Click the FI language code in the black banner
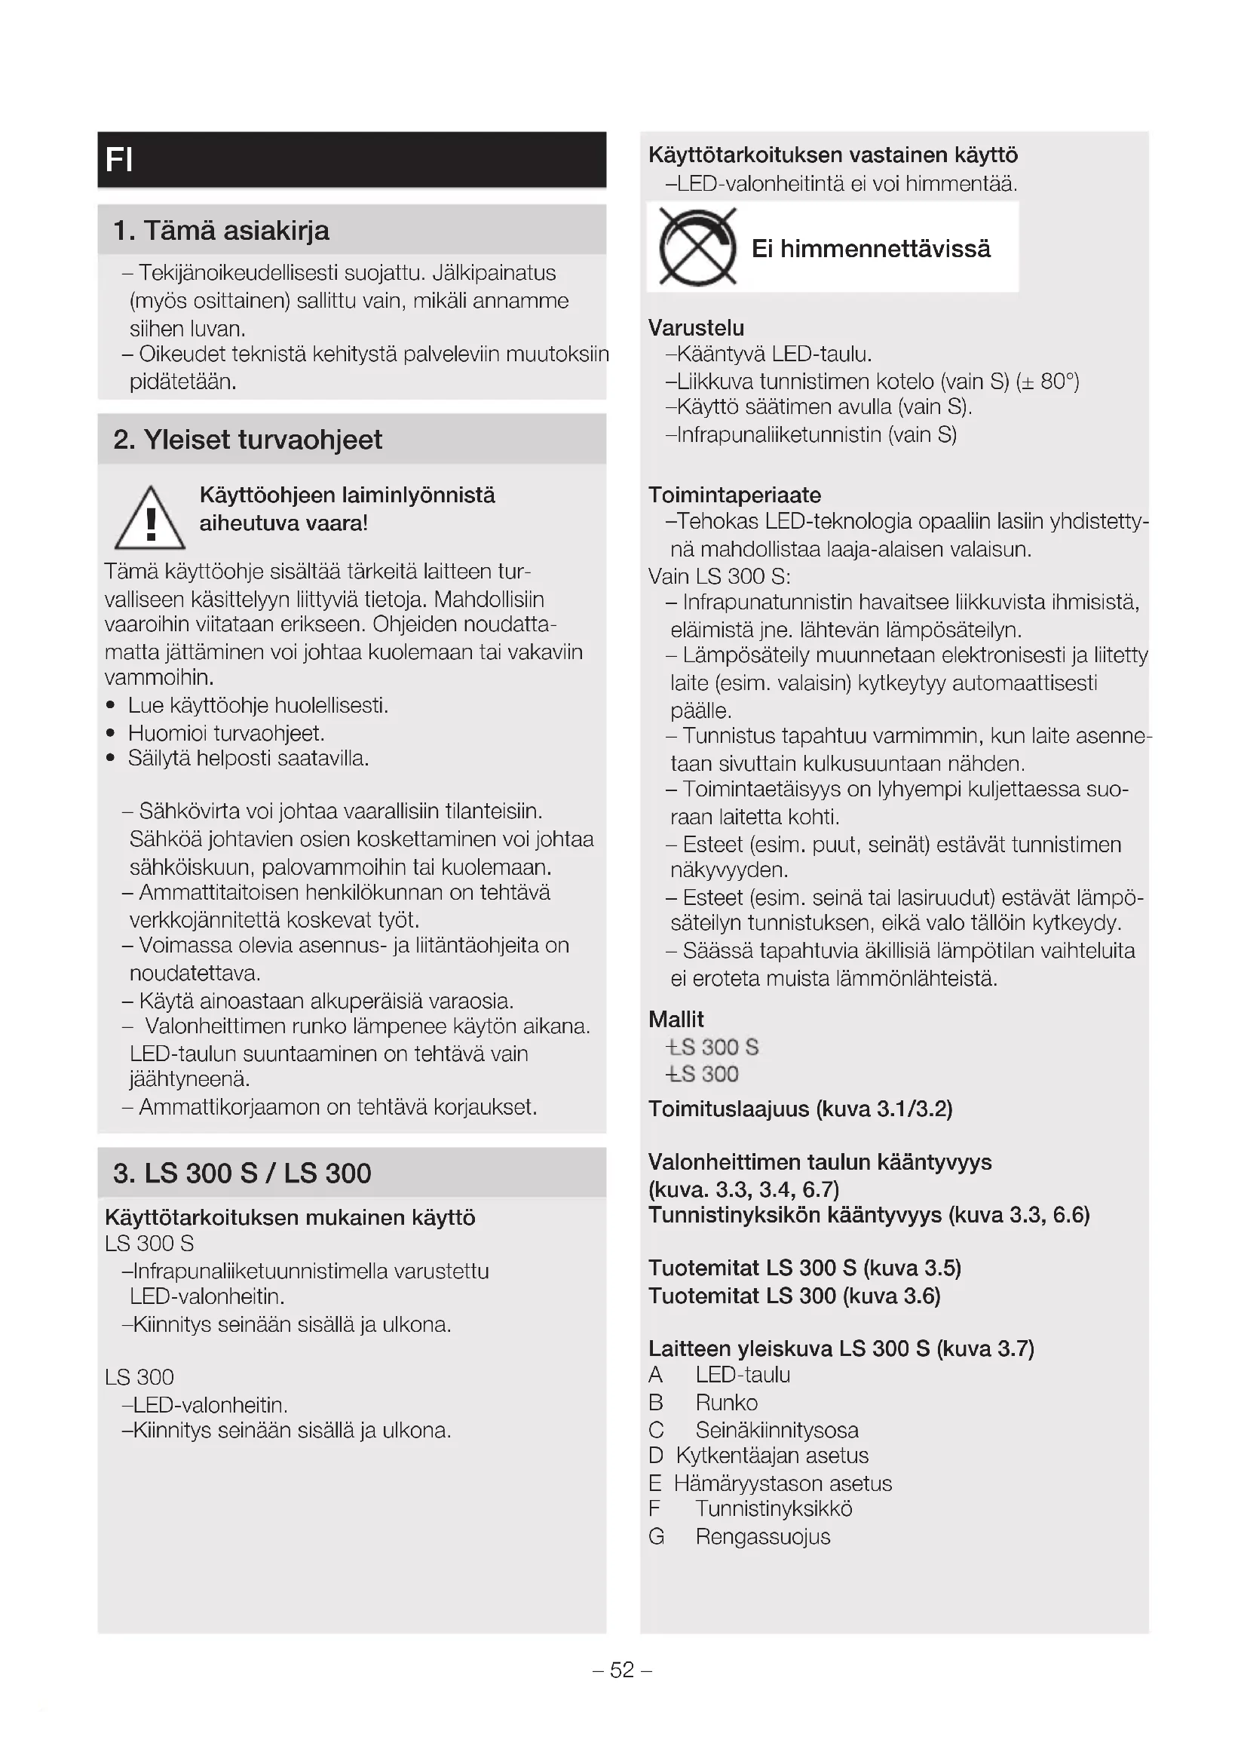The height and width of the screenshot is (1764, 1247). click(120, 160)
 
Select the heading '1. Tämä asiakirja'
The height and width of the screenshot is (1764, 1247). click(221, 231)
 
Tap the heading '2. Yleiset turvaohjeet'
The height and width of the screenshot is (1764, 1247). click(247, 440)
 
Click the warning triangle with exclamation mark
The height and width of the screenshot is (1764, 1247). click(150, 520)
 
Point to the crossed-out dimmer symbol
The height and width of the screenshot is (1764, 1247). click(697, 247)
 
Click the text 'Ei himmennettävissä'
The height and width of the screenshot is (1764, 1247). click(871, 249)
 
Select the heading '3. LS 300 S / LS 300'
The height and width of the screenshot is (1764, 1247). click(242, 1173)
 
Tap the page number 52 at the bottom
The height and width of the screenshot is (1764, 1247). click(622, 1670)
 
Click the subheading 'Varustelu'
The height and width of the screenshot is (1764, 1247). click(696, 328)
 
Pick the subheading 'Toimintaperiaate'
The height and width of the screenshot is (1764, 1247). click(734, 495)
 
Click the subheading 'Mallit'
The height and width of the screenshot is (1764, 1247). click(676, 1020)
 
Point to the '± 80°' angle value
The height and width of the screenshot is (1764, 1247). click(1047, 382)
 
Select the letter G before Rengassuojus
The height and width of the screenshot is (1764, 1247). click(656, 1536)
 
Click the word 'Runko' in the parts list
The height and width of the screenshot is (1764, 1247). click(726, 1403)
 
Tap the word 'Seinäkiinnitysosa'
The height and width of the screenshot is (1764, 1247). click(777, 1431)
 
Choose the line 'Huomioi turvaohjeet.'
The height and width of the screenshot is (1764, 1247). click(226, 733)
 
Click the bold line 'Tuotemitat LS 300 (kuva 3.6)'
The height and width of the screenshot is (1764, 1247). click(794, 1296)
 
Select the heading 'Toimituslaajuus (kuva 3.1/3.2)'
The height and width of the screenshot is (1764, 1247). click(800, 1109)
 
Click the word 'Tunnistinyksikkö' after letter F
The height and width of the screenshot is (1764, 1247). click(774, 1509)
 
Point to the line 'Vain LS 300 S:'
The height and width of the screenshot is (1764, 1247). click(718, 576)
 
